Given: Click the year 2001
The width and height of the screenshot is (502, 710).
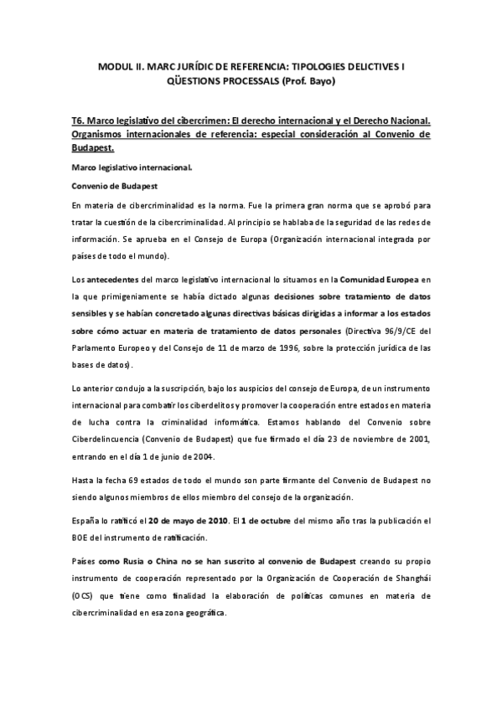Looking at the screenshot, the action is [417, 440].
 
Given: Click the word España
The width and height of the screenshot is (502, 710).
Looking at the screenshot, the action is [88, 520].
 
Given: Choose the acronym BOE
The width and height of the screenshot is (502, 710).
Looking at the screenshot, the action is [82, 537].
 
